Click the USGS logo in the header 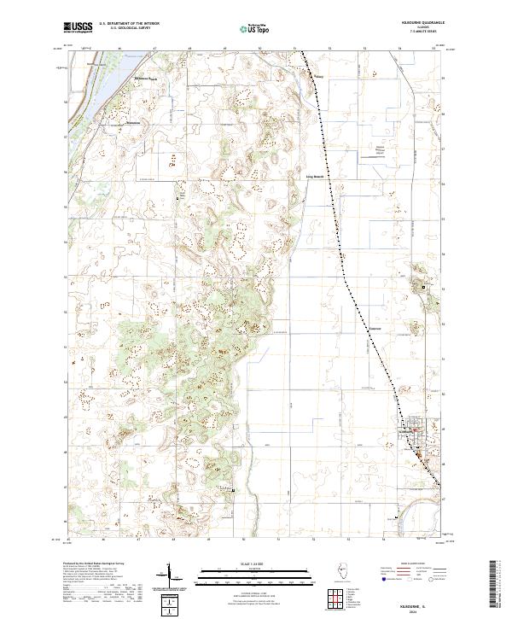tap(79, 28)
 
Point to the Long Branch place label tap(316, 178)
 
